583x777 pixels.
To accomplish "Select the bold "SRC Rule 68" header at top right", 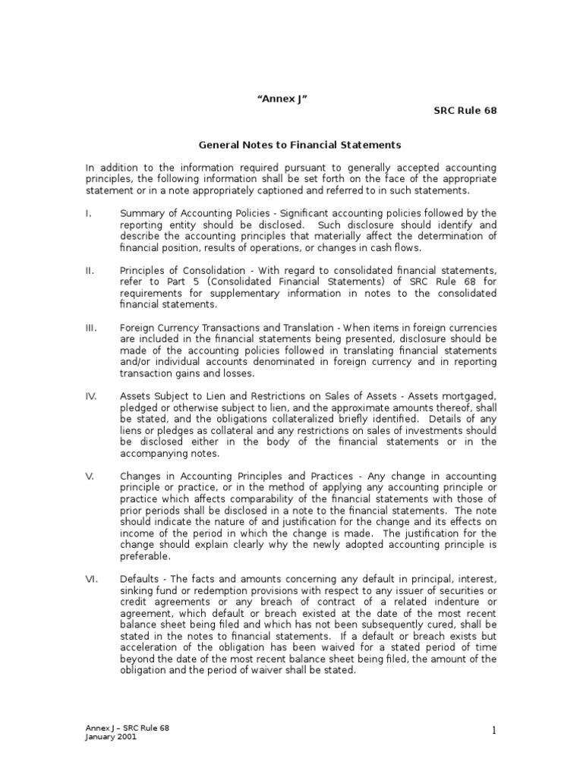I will click(465, 111).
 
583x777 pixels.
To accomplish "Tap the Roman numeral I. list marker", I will click(88, 213).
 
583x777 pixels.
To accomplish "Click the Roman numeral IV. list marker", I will click(91, 396).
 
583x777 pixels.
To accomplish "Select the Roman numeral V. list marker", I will click(89, 476).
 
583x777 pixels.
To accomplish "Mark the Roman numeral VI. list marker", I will click(90, 579).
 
